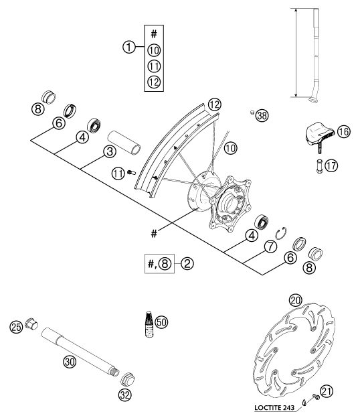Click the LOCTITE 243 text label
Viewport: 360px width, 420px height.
coord(274,408)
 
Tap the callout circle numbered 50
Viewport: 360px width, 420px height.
coord(161,322)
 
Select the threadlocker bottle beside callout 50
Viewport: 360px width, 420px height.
coord(149,324)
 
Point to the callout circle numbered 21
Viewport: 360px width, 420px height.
coord(327,391)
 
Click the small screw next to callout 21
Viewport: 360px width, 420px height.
coord(316,397)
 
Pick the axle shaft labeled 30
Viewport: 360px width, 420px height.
coord(80,352)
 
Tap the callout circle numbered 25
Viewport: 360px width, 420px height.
coord(16,327)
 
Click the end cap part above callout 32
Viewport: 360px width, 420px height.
coord(127,379)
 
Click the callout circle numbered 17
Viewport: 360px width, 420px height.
coord(331,165)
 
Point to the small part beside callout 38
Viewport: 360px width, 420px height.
coord(252,112)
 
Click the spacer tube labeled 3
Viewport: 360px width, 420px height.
coord(124,142)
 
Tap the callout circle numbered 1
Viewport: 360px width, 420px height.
coord(129,47)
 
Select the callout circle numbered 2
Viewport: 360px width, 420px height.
coord(187,263)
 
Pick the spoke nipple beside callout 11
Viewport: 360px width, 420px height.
coord(131,173)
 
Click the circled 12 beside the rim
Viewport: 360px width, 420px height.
coord(214,104)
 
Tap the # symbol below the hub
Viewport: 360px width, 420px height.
coord(154,234)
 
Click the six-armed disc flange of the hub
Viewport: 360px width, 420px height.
coord(230,204)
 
